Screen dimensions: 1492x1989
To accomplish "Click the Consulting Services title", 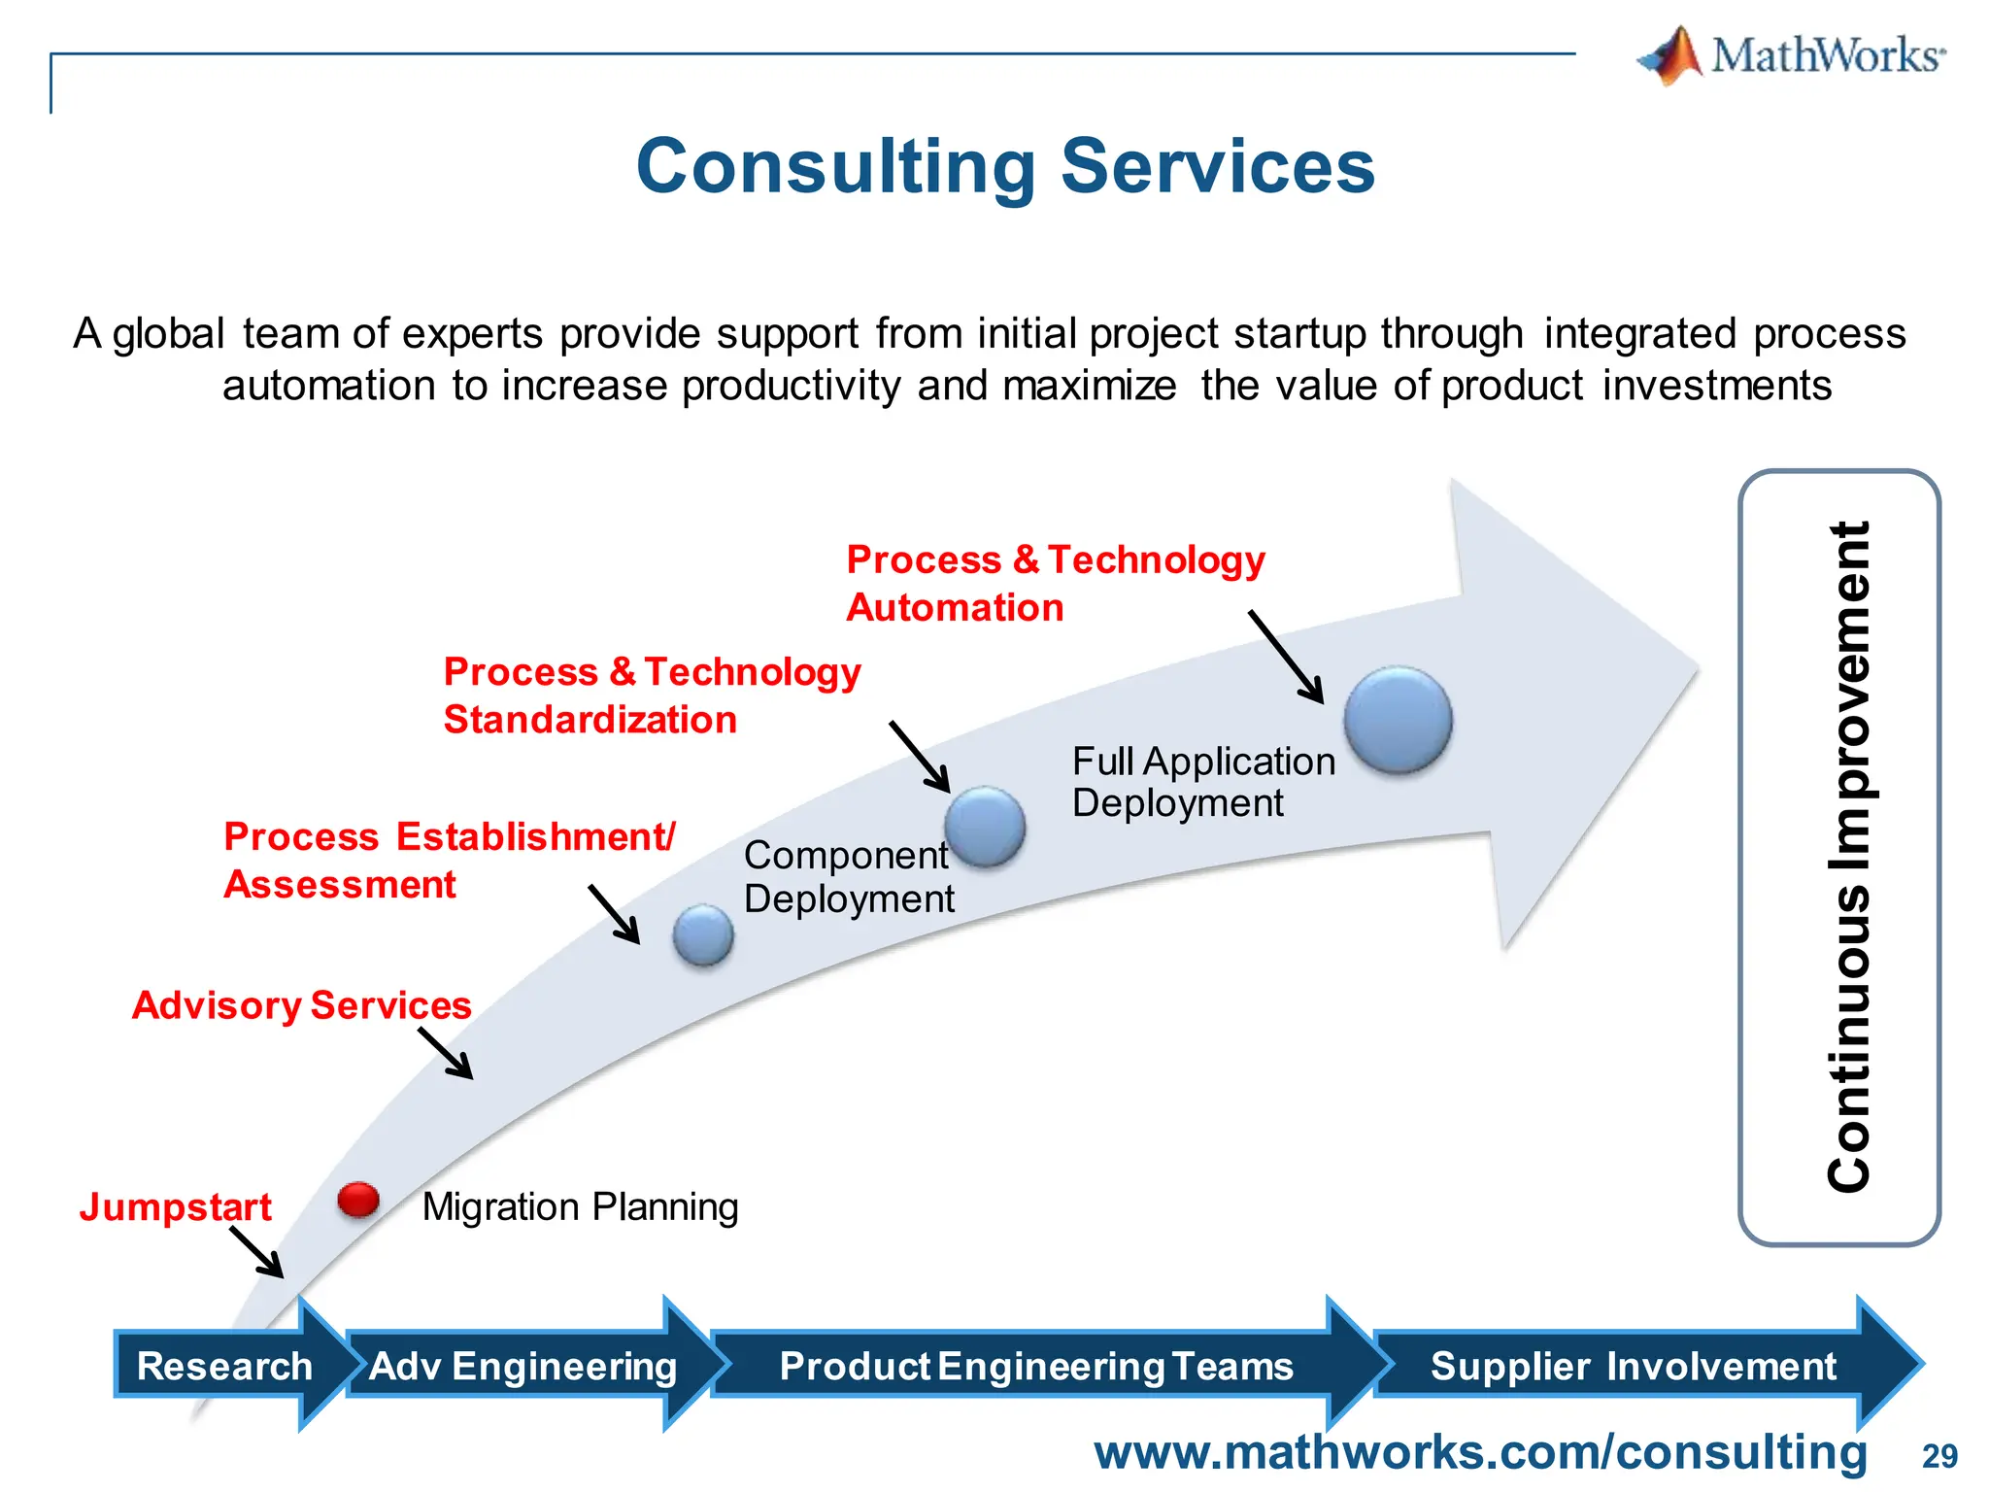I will click(x=1005, y=166).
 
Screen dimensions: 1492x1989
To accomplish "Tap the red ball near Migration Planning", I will click(x=358, y=1200).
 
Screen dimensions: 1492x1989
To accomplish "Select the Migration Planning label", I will click(x=580, y=1207).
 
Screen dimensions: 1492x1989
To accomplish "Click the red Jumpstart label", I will click(x=175, y=1206).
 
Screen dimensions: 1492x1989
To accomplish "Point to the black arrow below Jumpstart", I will click(x=257, y=1252).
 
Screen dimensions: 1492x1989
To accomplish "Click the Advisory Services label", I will click(x=301, y=1005).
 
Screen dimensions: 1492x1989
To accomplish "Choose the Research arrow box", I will click(x=225, y=1366).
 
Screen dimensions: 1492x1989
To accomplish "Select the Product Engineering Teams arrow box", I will click(x=1035, y=1366).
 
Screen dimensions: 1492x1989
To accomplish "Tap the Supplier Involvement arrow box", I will click(x=1633, y=1366).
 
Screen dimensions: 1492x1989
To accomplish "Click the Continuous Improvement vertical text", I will click(x=1848, y=857).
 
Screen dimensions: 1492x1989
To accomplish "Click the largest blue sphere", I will click(x=1398, y=720).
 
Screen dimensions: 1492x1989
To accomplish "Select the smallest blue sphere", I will click(x=703, y=934).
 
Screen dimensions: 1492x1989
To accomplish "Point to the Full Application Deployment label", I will click(x=1202, y=782).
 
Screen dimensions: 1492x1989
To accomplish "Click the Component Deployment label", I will click(x=848, y=876).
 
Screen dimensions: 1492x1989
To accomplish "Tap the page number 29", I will click(x=1938, y=1456).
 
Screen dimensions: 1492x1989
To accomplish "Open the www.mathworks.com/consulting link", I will click(x=1480, y=1452).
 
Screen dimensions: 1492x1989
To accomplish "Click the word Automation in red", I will click(x=955, y=608).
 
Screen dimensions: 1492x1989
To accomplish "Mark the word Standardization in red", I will click(x=590, y=720).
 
